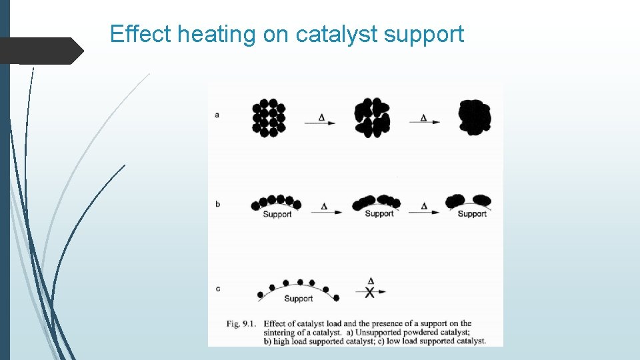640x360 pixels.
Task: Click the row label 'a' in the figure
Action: click(217, 115)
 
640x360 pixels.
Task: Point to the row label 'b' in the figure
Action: click(217, 204)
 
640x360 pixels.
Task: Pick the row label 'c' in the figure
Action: click(217, 289)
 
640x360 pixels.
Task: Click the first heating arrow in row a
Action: click(320, 122)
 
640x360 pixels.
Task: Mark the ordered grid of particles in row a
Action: click(269, 118)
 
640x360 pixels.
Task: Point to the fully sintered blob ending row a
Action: click(475, 118)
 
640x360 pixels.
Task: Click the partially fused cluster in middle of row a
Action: click(373, 118)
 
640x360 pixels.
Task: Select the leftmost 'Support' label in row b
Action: click(277, 214)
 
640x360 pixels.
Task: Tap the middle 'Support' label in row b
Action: click(379, 213)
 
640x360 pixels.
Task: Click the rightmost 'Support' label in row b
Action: click(472, 213)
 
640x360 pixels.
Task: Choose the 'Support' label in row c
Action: click(298, 299)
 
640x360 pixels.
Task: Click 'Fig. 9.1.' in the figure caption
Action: click(242, 324)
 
